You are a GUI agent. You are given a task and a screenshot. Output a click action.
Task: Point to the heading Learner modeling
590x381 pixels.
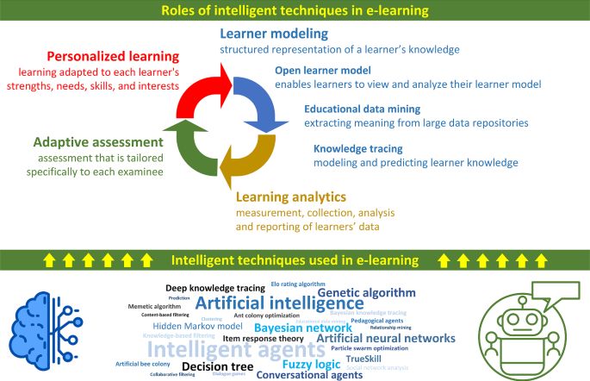[x=275, y=34]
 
